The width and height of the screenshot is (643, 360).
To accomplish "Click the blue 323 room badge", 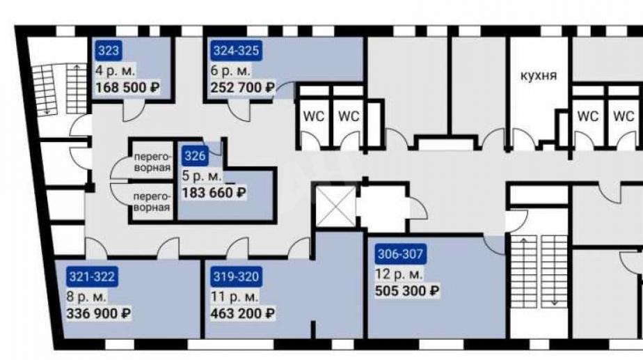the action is pos(109,51).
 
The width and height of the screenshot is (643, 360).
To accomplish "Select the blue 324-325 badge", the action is pos(236,51).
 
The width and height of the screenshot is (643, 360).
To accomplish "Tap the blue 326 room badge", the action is pos(194,156).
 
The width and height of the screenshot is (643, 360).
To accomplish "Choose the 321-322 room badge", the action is pos(92,276).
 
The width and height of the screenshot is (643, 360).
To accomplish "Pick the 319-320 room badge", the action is pos(236,276).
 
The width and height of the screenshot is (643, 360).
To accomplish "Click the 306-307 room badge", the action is pos(400,254).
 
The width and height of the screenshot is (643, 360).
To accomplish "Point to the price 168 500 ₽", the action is pos(127,88).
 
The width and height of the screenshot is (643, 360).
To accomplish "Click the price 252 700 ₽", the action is pos(242,88).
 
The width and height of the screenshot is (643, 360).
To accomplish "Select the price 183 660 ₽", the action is pos(214,192).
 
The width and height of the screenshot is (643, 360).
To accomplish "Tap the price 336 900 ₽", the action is pos(98,313).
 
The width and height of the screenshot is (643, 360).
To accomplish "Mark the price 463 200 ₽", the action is pos(242,313).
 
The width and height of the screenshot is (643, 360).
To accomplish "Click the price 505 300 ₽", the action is pos(407,291).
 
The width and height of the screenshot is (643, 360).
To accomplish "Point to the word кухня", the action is pos(539,76).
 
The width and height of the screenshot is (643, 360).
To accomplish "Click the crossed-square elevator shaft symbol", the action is pos(336,205).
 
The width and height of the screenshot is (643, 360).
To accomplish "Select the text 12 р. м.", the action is pos(399,274).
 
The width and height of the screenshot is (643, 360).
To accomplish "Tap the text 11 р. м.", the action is pos(234,297).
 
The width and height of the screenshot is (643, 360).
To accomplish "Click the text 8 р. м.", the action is pos(86,297).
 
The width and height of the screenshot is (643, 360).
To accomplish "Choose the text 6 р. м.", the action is pos(230,70).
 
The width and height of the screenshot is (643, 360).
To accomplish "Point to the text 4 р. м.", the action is pos(116,70).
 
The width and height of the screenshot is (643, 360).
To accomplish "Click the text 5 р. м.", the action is pos(202,175).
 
